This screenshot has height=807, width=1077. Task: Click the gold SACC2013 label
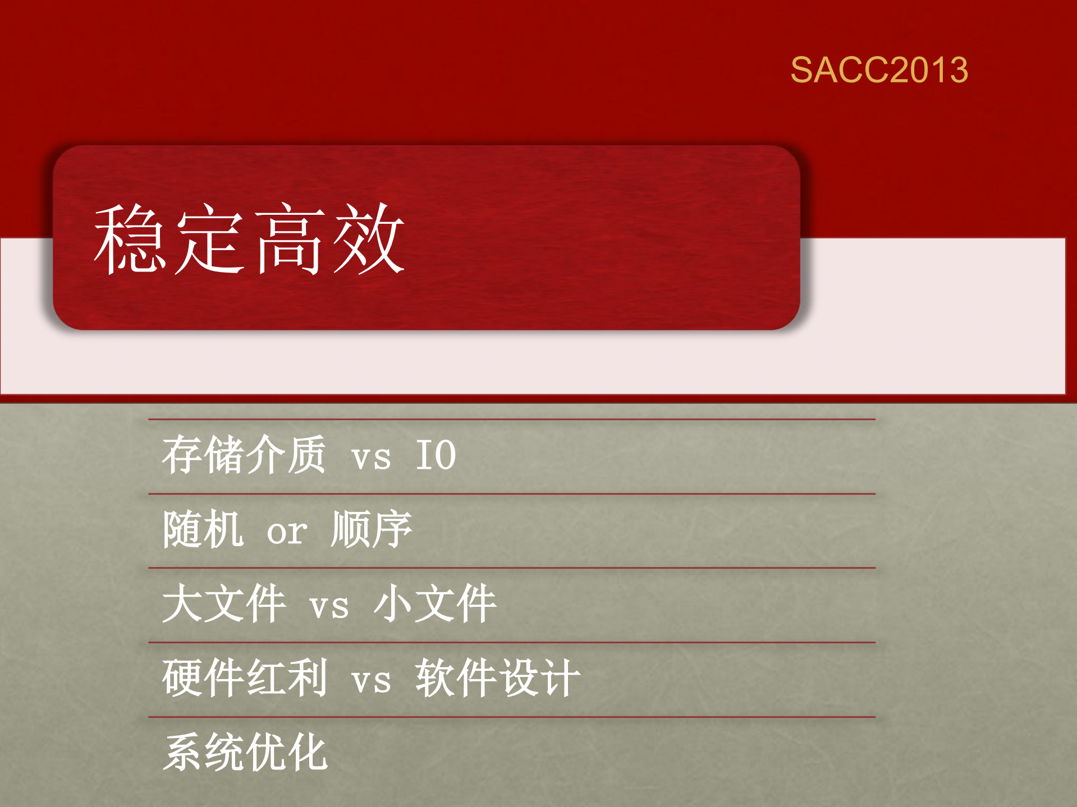[x=879, y=70]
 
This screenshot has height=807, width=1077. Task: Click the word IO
[x=436, y=455]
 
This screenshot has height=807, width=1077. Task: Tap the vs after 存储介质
[x=371, y=457]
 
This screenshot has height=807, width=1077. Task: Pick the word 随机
[x=203, y=529]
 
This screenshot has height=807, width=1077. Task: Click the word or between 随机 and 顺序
[x=287, y=532]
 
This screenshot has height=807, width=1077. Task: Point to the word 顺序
[x=372, y=529]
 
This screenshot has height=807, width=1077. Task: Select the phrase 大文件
[x=224, y=604]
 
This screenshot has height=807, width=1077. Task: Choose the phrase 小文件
[x=435, y=604]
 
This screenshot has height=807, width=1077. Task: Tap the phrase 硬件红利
[x=245, y=678]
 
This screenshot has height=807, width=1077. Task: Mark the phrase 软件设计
[x=498, y=678]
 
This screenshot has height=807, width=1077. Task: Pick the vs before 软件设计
[x=371, y=681]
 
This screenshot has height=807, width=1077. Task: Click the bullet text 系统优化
[x=245, y=752]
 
